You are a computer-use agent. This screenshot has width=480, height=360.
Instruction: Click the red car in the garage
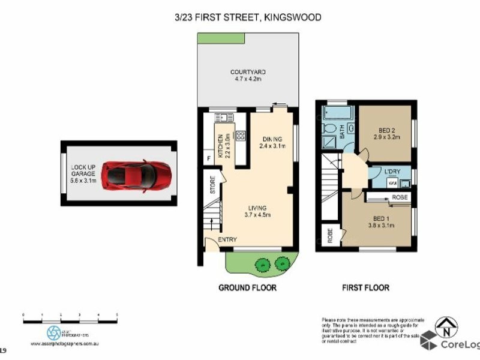tap(136, 175)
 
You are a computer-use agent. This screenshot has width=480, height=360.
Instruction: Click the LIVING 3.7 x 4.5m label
tap(259, 212)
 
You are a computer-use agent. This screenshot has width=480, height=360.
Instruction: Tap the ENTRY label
tap(226, 239)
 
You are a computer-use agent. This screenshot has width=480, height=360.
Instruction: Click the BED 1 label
tap(378, 221)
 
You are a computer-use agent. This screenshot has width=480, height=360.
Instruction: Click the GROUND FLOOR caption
tap(247, 288)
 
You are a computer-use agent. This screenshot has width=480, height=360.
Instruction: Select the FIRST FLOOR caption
tap(365, 288)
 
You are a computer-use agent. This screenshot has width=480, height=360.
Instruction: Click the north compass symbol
tap(446, 327)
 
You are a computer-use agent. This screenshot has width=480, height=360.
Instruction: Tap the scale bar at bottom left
tap(70, 316)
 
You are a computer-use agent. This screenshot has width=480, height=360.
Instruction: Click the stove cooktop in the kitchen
tap(241, 136)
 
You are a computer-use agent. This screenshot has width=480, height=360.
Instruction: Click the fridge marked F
tap(208, 159)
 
